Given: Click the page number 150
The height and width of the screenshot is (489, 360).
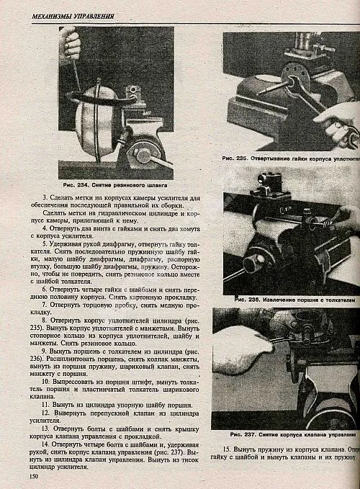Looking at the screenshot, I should (x=33, y=476).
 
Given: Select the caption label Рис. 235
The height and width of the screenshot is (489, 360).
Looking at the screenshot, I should (x=236, y=157).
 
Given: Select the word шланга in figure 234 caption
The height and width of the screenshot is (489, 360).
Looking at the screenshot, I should (x=163, y=184).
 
